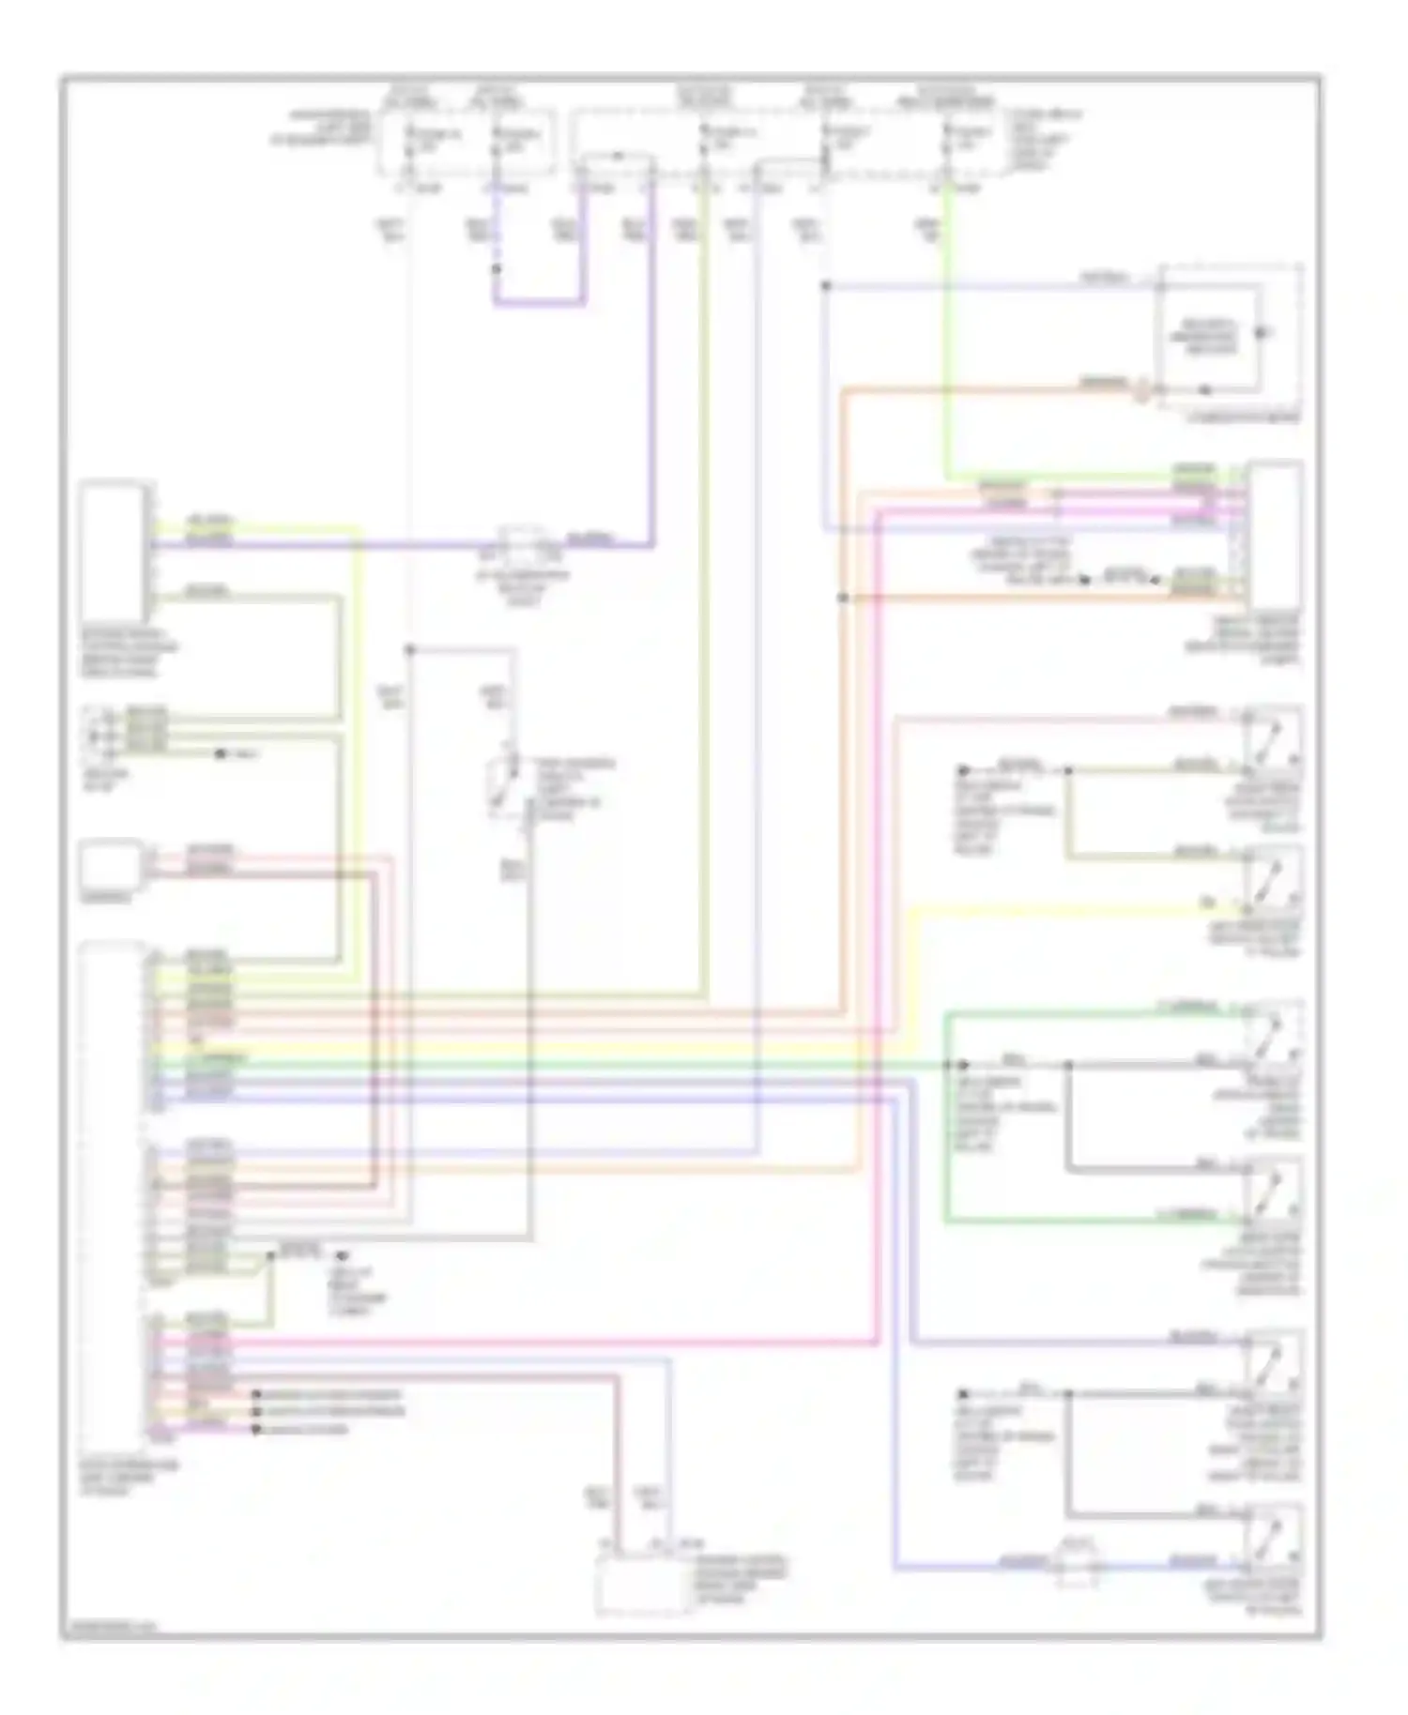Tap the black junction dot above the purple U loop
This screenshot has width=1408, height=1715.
pyautogui.click(x=496, y=269)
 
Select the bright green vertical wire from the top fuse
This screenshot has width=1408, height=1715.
pyautogui.click(x=947, y=328)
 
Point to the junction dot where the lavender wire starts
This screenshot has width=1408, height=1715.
pyautogui.click(x=826, y=284)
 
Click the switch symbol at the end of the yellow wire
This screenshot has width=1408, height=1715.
pyautogui.click(x=1271, y=878)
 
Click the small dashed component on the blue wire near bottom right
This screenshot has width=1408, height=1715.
pyautogui.click(x=1078, y=1563)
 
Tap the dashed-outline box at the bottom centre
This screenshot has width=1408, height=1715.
pyautogui.click(x=644, y=1585)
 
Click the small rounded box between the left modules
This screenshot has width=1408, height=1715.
pyautogui.click(x=112, y=864)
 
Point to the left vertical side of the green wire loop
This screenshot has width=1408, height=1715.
pyautogui.click(x=946, y=1116)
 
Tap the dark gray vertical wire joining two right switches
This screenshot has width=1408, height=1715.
pyautogui.click(x=1067, y=1116)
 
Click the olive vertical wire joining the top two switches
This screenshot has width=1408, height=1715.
pyautogui.click(x=1067, y=812)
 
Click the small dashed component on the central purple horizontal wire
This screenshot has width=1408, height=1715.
pyautogui.click(x=529, y=543)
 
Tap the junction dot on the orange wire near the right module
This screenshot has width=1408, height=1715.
pyautogui.click(x=842, y=597)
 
